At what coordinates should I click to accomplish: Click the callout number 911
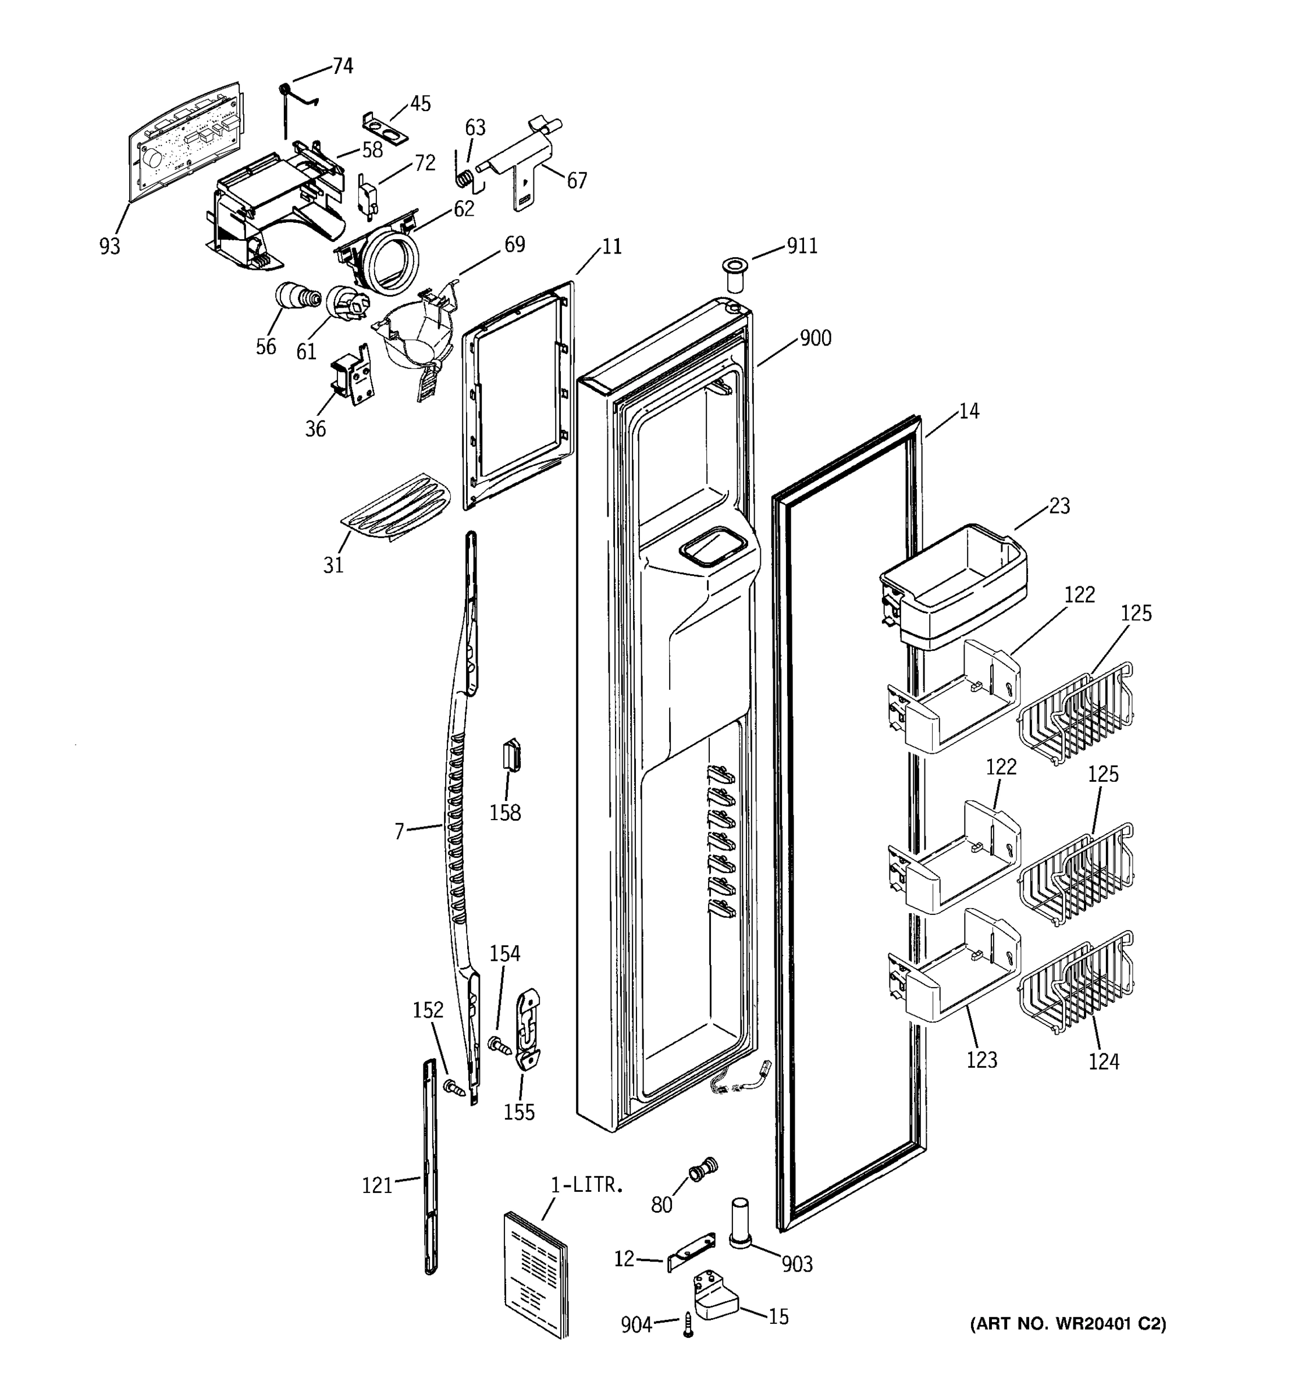click(801, 246)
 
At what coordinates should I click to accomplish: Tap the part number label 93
click(109, 247)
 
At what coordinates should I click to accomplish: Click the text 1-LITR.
click(586, 1185)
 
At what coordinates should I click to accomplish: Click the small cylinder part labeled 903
click(741, 1223)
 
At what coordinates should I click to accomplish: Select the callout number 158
click(505, 813)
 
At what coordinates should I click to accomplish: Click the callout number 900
click(815, 339)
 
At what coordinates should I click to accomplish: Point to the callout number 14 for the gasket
click(969, 411)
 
